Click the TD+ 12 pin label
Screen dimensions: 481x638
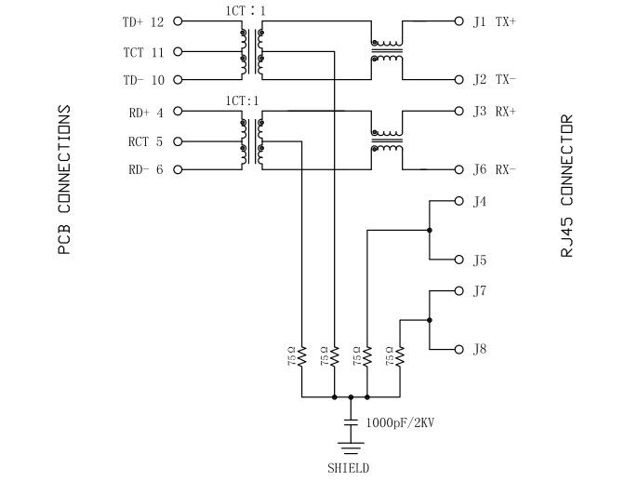tap(142, 20)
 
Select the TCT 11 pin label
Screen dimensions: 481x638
tap(142, 51)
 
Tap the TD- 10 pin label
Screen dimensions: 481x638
tap(142, 80)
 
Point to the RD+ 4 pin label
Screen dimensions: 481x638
tap(146, 113)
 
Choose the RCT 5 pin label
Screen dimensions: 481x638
tap(146, 141)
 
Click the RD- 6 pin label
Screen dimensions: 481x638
tap(146, 170)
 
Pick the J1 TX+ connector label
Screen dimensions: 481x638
tap(494, 20)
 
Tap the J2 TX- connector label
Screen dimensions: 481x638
tap(494, 80)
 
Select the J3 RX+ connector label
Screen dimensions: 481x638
tap(494, 111)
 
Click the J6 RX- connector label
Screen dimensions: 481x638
tap(494, 170)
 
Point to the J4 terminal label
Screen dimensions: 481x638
tap(480, 201)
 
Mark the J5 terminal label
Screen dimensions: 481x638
tap(480, 260)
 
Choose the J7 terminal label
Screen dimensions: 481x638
tap(480, 290)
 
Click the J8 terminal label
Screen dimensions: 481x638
tap(480, 349)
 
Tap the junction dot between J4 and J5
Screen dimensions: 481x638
tap(429, 230)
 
